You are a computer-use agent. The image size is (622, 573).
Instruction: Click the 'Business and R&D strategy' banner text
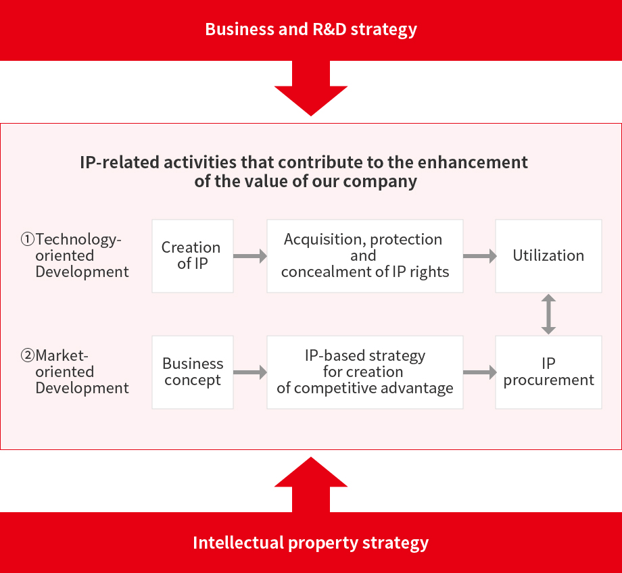point(311,30)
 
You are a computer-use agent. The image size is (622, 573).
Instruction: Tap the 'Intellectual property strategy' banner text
point(311,543)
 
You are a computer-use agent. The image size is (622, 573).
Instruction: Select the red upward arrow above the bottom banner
point(311,483)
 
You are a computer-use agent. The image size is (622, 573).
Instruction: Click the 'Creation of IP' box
point(192,255)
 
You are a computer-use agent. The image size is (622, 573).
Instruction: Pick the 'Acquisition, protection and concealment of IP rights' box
point(364,255)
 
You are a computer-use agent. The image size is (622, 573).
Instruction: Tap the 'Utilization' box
point(548,255)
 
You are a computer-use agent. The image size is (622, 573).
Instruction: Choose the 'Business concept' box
point(192,372)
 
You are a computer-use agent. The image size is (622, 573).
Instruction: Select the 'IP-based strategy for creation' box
point(364,372)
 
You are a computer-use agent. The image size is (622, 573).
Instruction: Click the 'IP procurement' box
point(548,372)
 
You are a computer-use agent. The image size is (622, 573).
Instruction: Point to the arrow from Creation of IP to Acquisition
point(250,256)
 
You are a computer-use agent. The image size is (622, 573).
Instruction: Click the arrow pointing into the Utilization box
point(479,256)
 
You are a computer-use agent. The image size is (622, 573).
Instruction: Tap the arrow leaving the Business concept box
point(250,372)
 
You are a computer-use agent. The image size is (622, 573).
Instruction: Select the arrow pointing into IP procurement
point(479,372)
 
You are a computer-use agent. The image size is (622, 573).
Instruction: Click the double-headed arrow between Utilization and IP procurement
point(548,314)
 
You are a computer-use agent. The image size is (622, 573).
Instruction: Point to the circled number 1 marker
point(27,239)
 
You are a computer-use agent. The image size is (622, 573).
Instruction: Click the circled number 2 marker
point(27,355)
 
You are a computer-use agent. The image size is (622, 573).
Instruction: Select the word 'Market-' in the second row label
point(62,355)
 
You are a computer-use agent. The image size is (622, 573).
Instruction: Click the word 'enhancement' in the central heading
point(477,162)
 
